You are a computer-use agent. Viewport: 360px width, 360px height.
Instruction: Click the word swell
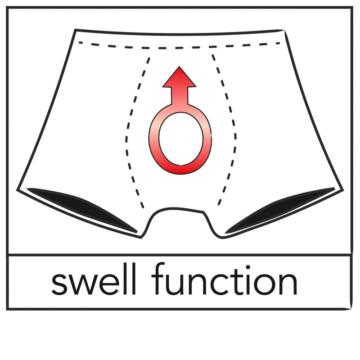tap(94, 279)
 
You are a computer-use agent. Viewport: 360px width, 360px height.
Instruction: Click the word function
tap(224, 278)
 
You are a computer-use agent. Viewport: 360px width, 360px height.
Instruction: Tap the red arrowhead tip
tap(179, 67)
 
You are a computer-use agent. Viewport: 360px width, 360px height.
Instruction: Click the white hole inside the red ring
tap(181, 139)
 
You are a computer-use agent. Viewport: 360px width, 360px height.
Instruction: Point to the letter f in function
tap(159, 278)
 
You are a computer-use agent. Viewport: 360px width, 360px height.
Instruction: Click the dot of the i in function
tap(248, 267)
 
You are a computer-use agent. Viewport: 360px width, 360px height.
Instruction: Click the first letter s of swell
tap(60, 283)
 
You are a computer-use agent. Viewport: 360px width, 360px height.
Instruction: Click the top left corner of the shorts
tap(75, 30)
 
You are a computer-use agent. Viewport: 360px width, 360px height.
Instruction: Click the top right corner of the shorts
tap(285, 31)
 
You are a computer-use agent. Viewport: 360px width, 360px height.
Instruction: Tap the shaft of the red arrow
tap(179, 96)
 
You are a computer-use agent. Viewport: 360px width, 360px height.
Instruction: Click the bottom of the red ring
tap(181, 170)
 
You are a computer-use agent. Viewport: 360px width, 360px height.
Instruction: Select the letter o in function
tap(265, 283)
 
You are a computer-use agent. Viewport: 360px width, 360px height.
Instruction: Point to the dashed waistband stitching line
tap(179, 48)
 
